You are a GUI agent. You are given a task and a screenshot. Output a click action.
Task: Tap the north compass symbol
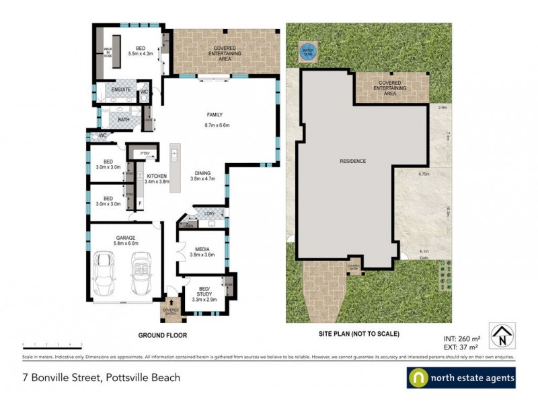503,334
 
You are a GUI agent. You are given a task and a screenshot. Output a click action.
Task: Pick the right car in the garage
143,272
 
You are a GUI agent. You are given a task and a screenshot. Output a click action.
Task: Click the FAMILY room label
215,114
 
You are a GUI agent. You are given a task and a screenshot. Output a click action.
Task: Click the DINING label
200,172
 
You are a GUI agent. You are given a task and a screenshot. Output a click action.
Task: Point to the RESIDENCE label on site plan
352,161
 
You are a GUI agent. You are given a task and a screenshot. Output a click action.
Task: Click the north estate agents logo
461,378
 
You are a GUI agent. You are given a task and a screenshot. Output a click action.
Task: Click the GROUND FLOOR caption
162,335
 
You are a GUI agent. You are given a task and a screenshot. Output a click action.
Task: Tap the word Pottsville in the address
128,378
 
